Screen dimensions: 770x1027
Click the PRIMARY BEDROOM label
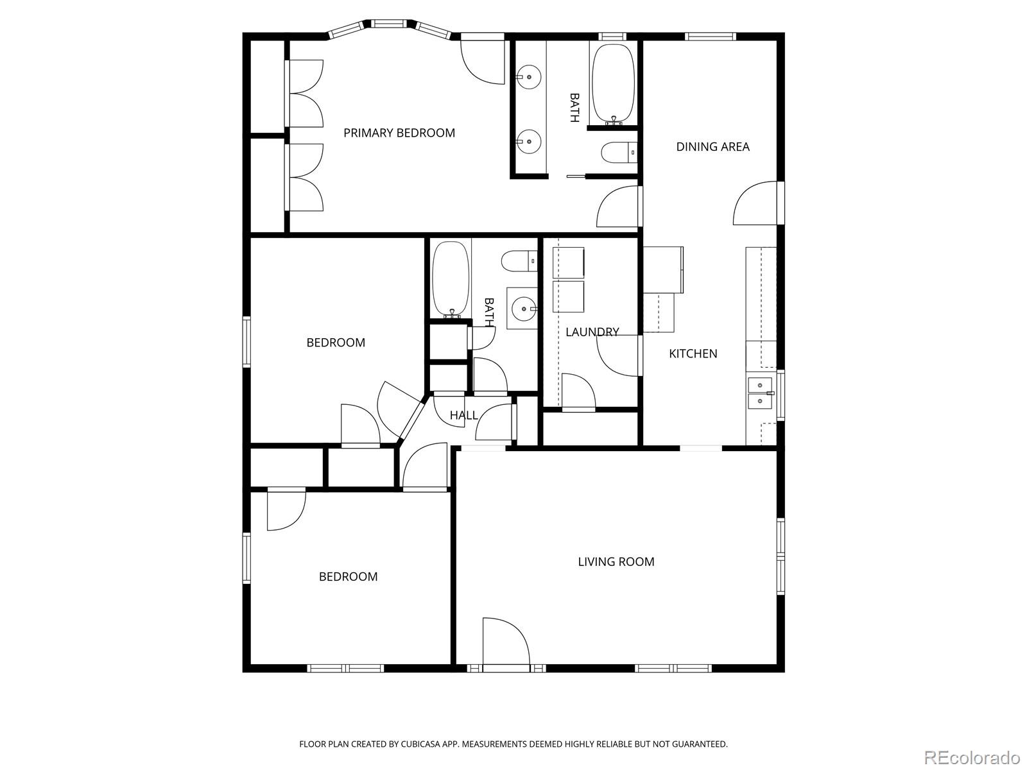click(399, 133)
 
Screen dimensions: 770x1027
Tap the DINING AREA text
click(712, 146)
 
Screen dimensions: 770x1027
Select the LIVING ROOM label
click(616, 561)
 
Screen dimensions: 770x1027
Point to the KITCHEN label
click(693, 353)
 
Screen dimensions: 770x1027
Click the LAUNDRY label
click(592, 332)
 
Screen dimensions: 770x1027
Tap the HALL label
click(463, 415)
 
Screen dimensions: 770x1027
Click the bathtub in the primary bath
click(613, 83)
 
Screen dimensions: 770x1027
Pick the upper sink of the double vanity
click(529, 76)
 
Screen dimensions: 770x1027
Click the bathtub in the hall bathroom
click(451, 279)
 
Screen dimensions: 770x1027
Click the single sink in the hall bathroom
click(523, 309)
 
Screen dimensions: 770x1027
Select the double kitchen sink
click(759, 393)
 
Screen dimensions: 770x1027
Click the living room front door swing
click(505, 642)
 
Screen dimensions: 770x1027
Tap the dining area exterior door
click(757, 203)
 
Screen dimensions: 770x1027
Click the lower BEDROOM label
click(348, 576)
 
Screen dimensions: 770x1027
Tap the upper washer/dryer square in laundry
click(568, 262)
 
